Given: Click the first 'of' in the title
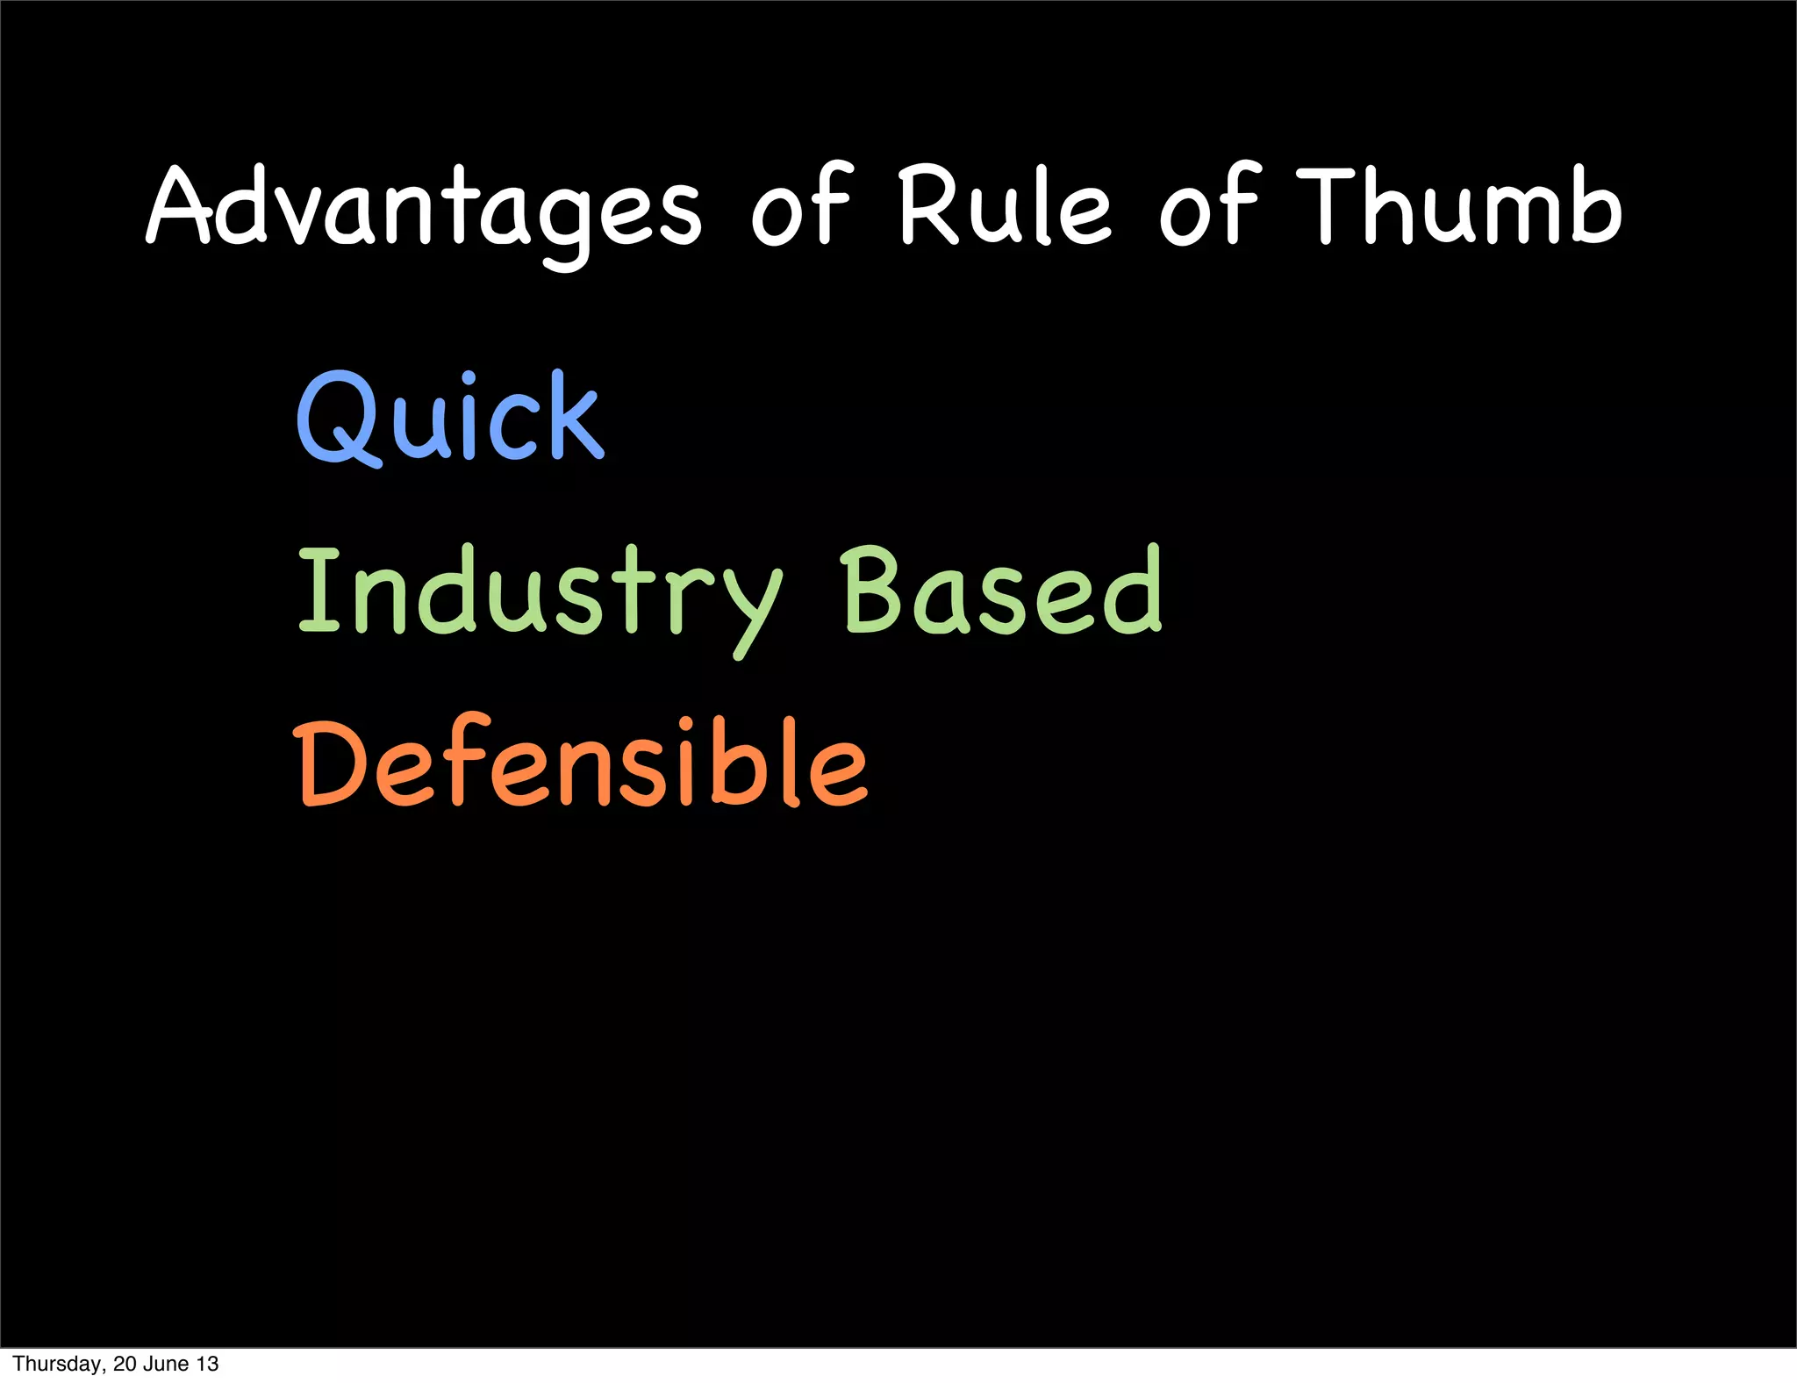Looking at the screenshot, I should point(801,206).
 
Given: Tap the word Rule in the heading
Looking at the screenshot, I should point(1005,206).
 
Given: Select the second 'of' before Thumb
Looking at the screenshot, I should point(1209,206).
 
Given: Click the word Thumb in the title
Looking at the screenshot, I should point(1459,206).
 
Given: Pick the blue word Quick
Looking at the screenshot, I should point(450,417).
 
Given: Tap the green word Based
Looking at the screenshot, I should point(1001,590).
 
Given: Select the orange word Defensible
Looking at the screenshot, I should point(582,762).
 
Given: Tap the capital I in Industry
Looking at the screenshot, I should point(319,590).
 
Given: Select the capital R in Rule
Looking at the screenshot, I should point(932,206).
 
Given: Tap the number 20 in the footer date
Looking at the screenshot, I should point(124,1365).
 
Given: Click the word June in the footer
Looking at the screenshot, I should point(167,1365).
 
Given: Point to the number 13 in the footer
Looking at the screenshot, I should point(208,1365).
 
